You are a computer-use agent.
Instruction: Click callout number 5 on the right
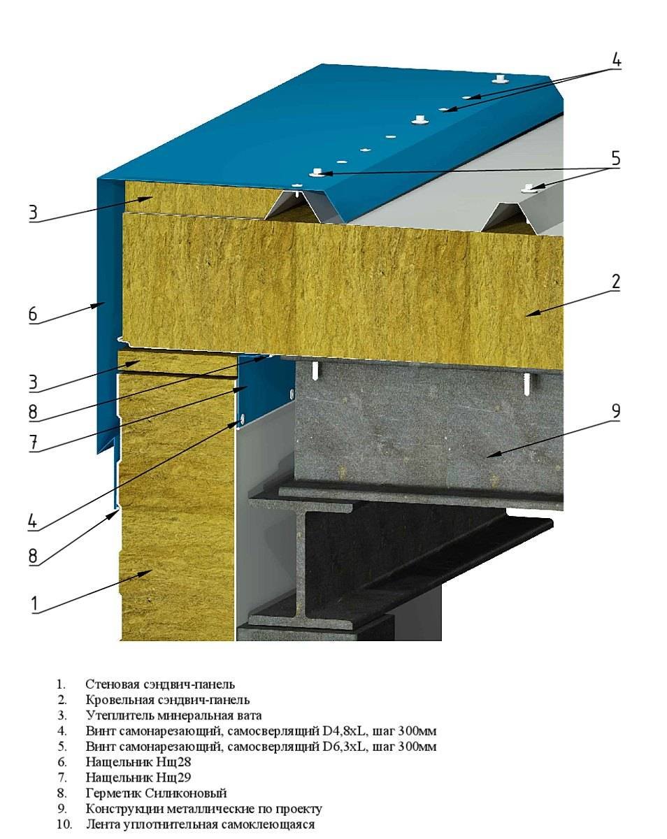click(x=615, y=158)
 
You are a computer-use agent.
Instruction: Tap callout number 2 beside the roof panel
click(x=615, y=282)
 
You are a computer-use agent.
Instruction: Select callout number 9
click(x=615, y=410)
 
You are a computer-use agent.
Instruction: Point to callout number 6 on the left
click(x=33, y=314)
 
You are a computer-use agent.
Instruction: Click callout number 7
click(x=34, y=443)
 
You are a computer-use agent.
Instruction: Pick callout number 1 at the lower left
click(x=35, y=603)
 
